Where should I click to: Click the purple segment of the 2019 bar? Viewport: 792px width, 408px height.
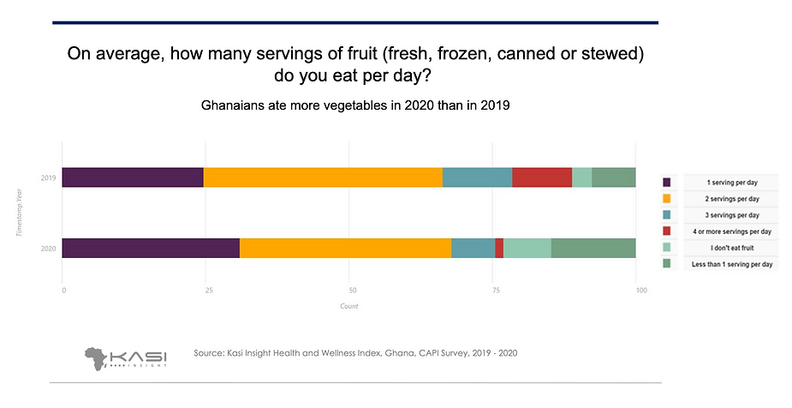[133, 177]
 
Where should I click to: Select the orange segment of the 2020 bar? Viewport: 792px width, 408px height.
[345, 248]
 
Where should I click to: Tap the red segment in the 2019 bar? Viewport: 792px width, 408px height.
[542, 177]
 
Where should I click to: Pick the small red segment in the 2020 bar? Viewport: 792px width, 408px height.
[499, 248]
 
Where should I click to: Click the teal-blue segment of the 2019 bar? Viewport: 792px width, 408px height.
[477, 177]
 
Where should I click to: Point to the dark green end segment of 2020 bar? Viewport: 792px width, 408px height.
[593, 248]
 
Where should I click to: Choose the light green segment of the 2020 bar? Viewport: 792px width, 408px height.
[527, 248]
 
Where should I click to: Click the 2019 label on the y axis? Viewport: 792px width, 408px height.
[49, 178]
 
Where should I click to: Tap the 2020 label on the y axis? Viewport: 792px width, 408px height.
[49, 249]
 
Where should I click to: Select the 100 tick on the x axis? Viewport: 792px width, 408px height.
[635, 291]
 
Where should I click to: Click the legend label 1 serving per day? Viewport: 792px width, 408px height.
[730, 183]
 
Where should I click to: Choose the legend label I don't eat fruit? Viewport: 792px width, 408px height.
[730, 248]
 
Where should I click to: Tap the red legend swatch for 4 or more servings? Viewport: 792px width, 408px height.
[667, 231]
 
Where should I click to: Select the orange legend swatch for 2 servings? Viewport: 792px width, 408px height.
[667, 199]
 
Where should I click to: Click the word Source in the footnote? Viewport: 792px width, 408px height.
[209, 353]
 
